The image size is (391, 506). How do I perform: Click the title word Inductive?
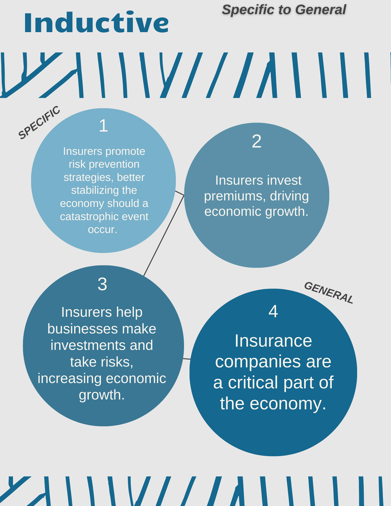[96, 23]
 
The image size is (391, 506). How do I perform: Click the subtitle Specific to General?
[284, 10]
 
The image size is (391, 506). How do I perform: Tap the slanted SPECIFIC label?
[39, 122]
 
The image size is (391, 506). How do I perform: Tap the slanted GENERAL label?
[328, 292]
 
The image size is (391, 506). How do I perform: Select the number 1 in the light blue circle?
[104, 125]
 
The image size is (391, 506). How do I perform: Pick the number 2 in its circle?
[256, 141]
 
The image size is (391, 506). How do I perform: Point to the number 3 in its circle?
[102, 284]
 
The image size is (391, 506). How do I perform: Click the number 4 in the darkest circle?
[273, 311]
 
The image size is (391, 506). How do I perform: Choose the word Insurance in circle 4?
[273, 341]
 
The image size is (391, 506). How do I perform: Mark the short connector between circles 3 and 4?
[187, 359]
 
